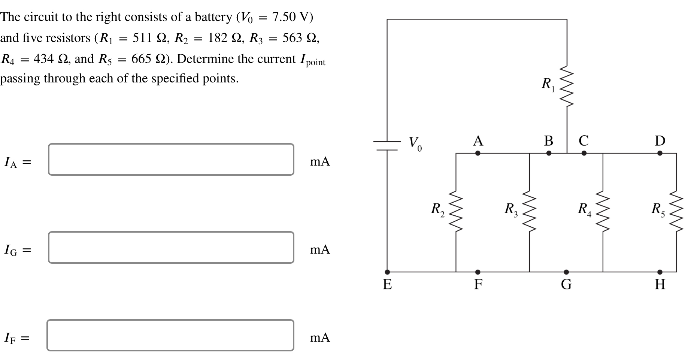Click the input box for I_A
[x=171, y=159]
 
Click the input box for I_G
[x=171, y=247]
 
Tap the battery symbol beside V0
[x=387, y=146]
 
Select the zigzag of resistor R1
[x=567, y=87]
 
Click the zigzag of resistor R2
[x=456, y=212]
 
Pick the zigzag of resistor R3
[x=529, y=212]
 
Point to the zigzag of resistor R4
[x=603, y=212]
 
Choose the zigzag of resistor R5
[x=676, y=212]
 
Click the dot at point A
[x=478, y=153]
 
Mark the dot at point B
[x=549, y=153]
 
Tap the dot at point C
[x=584, y=153]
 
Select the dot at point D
[x=660, y=153]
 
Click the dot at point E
[x=387, y=272]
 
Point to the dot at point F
[x=478, y=272]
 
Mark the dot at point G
[x=566, y=272]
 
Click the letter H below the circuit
[x=660, y=285]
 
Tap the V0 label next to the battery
[x=415, y=143]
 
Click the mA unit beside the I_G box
[x=320, y=249]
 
